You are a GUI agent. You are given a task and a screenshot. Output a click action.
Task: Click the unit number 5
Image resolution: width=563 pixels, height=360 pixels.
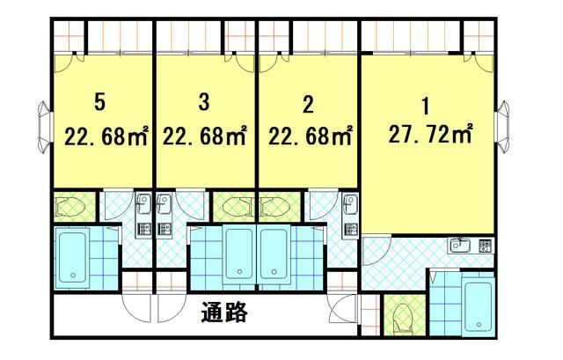tap(100, 102)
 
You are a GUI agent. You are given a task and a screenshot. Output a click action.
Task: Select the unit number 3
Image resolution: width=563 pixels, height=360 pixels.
tap(203, 102)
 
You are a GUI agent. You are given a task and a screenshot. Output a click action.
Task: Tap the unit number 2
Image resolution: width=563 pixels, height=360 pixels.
tap(308, 105)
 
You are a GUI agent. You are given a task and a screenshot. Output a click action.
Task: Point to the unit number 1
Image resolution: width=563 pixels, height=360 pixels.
tap(426, 107)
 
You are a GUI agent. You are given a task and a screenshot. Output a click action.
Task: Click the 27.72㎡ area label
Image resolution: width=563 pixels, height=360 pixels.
tap(430, 134)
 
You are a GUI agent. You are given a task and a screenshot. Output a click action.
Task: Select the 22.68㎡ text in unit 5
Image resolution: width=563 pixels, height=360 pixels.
tap(106, 136)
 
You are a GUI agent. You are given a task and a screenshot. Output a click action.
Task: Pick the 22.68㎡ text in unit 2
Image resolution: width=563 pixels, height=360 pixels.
tap(310, 136)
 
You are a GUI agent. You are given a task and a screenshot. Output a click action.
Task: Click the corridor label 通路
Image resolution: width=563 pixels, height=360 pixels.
tap(224, 312)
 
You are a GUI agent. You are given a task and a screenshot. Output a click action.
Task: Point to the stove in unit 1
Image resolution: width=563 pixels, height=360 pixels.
tap(485, 246)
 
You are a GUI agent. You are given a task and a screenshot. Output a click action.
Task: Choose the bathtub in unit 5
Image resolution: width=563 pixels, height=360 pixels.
tap(73, 257)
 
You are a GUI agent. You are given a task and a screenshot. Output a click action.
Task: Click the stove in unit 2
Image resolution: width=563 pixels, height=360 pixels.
tap(350, 229)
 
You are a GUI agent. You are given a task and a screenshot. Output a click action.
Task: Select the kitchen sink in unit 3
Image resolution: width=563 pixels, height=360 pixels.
tap(164, 204)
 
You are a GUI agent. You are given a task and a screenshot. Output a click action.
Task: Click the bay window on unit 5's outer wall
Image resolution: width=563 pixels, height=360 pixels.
tap(45, 127)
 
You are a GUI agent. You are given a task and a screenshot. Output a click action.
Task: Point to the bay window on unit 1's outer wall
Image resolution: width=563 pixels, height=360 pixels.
tap(502, 127)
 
